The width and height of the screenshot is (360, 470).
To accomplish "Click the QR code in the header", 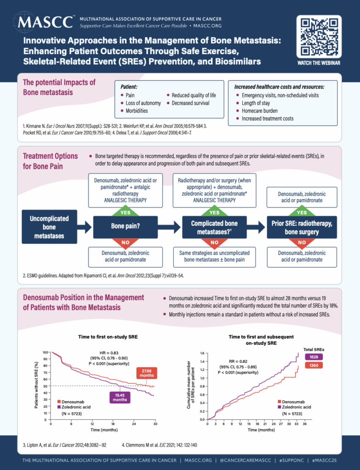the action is (319, 37).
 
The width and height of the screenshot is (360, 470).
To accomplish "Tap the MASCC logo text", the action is (45, 22).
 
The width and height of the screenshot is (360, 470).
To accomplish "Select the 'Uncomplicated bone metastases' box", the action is (49, 227).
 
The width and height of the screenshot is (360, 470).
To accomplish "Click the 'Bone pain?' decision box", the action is (125, 226).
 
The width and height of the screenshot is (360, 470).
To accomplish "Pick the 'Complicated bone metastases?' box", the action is (214, 227).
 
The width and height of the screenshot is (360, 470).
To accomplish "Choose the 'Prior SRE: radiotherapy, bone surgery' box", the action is (302, 227).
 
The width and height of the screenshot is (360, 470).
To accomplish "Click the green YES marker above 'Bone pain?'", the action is (126, 212).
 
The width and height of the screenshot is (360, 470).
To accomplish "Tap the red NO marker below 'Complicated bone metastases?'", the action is (214, 243).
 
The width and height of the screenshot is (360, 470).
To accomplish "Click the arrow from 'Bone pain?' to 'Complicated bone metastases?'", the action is (169, 227).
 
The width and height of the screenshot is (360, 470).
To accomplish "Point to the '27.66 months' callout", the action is (147, 373).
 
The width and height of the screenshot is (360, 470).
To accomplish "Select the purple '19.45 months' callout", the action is (120, 397).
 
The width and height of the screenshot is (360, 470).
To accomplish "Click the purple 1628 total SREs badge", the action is (314, 357).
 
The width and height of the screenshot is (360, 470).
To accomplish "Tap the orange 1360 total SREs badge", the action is (314, 365).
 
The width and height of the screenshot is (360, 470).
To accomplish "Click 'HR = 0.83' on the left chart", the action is (109, 353).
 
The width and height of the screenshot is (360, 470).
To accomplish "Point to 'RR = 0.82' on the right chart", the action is (238, 362).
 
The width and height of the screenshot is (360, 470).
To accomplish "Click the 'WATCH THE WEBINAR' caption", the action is (319, 63).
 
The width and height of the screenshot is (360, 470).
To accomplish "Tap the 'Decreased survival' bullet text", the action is (190, 103).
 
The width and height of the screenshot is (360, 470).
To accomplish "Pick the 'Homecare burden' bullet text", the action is (259, 111).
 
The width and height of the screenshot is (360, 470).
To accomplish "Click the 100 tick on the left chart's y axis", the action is (46, 352).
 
